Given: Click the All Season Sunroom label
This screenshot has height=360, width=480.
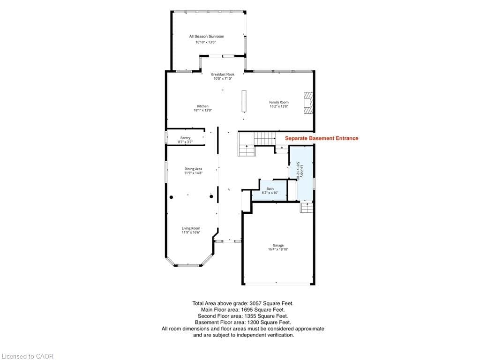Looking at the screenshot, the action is coord(207,37).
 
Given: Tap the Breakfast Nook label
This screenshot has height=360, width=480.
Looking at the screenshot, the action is coord(223,75).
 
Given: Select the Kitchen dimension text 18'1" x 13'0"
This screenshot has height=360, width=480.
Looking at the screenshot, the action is coord(202,110).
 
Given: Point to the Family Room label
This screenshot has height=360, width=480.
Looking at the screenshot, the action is coord(279,102).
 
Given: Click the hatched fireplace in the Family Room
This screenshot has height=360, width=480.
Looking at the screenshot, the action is coord(308,103).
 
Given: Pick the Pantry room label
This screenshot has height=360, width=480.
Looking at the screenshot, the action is coord(186,138).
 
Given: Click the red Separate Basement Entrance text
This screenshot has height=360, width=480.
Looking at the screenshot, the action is coord(322,138).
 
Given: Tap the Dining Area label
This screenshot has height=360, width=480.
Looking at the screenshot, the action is coord(193,169).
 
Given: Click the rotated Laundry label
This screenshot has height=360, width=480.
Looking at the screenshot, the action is coord(301,172).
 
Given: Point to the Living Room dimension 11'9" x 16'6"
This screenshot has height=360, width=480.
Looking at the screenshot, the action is coord(191,232).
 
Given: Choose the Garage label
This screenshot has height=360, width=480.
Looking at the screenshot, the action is coord(278,245).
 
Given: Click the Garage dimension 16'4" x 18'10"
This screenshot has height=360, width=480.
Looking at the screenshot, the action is coord(278,249).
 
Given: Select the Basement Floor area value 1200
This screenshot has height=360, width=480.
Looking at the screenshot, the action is coord(253,322).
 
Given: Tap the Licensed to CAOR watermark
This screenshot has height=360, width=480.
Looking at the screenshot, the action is coord(27,356).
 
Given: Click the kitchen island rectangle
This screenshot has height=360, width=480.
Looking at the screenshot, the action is coord(244,101).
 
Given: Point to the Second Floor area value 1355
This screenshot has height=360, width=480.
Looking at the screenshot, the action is coord(249,316).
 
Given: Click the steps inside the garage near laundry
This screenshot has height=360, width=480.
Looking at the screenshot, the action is coord(307,207).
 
